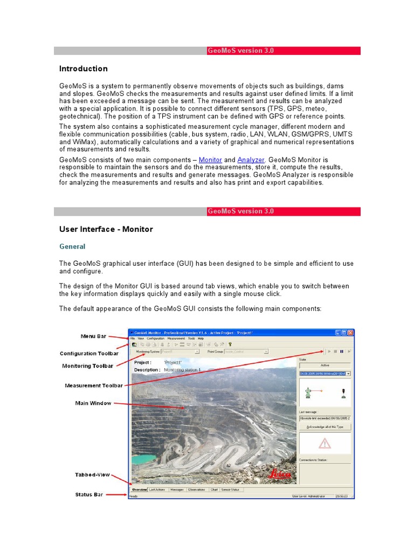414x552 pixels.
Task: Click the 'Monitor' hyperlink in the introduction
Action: pos(210,160)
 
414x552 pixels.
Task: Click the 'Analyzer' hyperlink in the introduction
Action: pos(251,160)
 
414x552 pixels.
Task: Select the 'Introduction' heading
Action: pos(83,68)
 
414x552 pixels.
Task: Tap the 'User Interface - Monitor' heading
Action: pos(106,229)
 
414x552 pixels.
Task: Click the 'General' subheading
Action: pos(72,246)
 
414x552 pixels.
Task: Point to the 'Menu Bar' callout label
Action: pos(93,336)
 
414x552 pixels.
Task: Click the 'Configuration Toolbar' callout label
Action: pos(89,354)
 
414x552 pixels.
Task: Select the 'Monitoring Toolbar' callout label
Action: pos(88,366)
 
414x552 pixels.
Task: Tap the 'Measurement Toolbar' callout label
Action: pos(93,385)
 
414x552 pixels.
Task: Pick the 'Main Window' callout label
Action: pos(93,403)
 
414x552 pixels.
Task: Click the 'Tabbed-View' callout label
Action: pos(92,475)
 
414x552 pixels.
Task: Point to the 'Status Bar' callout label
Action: pos(89,494)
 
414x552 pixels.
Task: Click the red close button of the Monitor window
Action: pos(350,333)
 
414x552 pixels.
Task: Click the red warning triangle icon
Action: pos(325,444)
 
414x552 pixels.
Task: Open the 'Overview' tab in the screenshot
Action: pos(140,490)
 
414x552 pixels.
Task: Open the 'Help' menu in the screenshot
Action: pos(201,339)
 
